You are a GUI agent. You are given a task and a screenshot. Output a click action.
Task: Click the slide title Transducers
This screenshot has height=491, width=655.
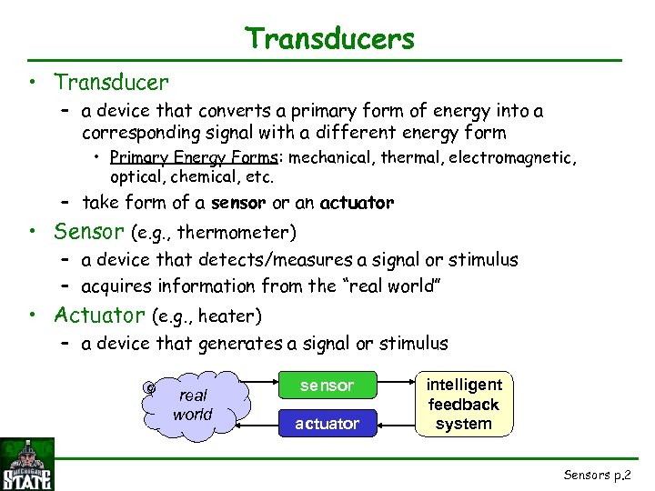coord(329,39)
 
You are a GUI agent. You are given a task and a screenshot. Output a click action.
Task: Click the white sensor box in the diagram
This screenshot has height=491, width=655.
coord(327,386)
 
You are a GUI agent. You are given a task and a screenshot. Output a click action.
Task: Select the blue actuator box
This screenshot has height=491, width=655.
coord(327,424)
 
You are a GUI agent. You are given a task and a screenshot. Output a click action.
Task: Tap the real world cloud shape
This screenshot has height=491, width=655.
coord(194,405)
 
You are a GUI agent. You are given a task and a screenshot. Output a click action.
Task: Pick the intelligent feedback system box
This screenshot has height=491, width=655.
coord(463,404)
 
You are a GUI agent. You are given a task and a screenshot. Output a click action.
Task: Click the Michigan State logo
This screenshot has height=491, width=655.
coord(27,465)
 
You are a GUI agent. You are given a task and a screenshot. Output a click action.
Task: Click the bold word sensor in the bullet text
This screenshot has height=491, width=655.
coord(238,203)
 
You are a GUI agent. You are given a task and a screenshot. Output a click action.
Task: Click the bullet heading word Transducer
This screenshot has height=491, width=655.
coord(111,83)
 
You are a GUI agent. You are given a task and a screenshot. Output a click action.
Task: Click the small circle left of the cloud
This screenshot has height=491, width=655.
coord(149,387)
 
